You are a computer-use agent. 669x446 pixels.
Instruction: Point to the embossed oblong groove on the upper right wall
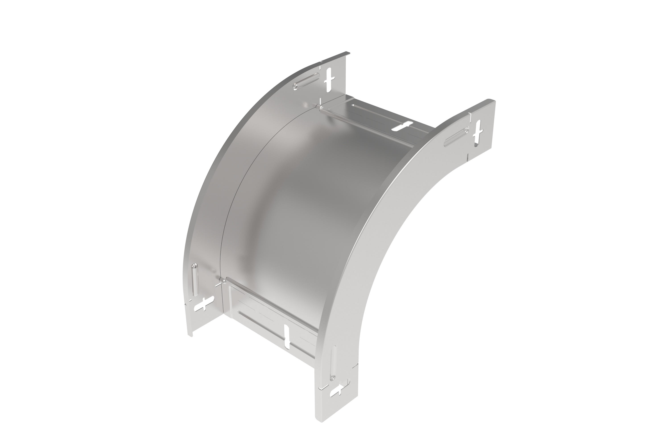456,137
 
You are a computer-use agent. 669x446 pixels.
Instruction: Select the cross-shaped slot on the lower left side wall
204,304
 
